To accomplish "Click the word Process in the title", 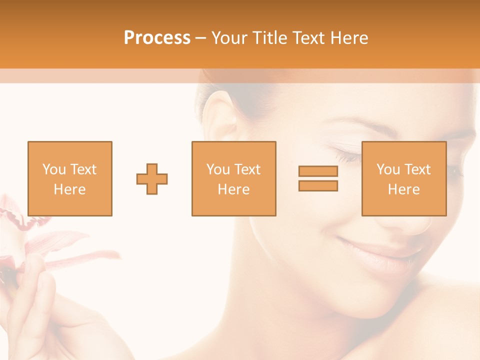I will click(157, 37).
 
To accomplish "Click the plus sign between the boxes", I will click(152, 178).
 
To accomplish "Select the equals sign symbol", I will click(318, 178).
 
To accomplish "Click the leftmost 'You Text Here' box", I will click(70, 178).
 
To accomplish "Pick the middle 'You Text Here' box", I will click(234, 178).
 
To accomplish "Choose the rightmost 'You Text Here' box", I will click(404, 178).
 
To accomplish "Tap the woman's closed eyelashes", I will click(345, 156).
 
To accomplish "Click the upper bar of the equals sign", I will click(318, 171).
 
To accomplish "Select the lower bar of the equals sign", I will click(318, 185).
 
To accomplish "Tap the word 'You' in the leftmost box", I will click(54, 169).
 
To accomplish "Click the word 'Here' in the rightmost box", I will click(404, 189).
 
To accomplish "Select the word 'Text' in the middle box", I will click(247, 169).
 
